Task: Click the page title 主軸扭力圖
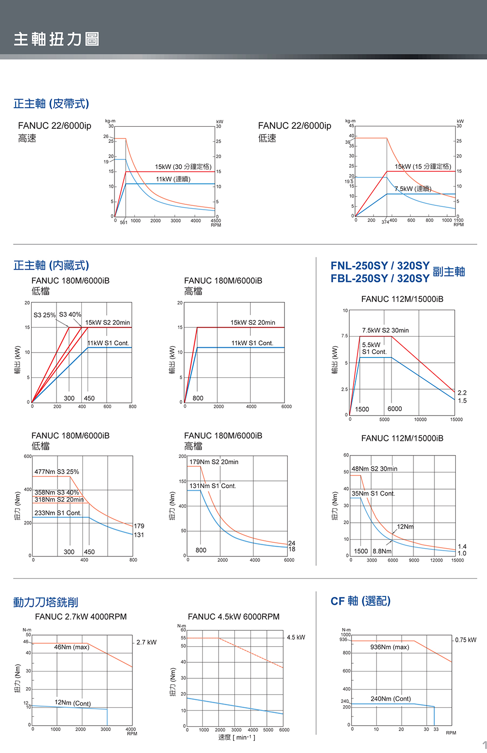pyautogui.click(x=56, y=39)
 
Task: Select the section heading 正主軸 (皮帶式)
pyautogui.click(x=51, y=104)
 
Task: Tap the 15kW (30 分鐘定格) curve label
pyautogui.click(x=183, y=167)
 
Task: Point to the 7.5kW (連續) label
pyautogui.click(x=412, y=189)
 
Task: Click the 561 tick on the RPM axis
pyautogui.click(x=124, y=222)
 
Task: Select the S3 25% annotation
pyautogui.click(x=44, y=315)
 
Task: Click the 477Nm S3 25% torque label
pyautogui.click(x=56, y=472)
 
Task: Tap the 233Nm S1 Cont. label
pyautogui.click(x=57, y=513)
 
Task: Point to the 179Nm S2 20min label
pyautogui.click(x=214, y=462)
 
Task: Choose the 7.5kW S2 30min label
pyautogui.click(x=385, y=330)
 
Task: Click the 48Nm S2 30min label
pyautogui.click(x=374, y=469)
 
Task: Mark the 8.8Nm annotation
pyautogui.click(x=382, y=551)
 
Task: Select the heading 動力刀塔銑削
pyautogui.click(x=46, y=602)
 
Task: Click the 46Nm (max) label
pyautogui.click(x=71, y=647)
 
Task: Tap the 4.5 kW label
pyautogui.click(x=296, y=637)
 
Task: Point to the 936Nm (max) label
pyautogui.click(x=390, y=647)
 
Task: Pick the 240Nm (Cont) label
pyautogui.click(x=391, y=699)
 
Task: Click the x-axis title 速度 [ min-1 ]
pyautogui.click(x=237, y=737)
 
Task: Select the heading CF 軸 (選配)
pyautogui.click(x=360, y=601)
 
